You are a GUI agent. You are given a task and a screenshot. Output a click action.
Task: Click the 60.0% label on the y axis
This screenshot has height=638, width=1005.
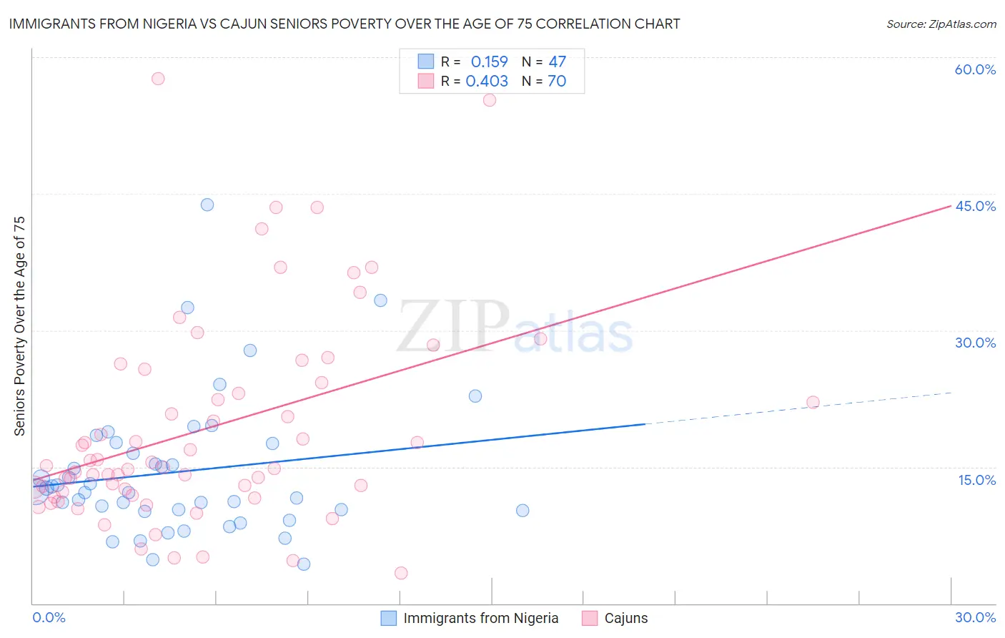[x=975, y=69]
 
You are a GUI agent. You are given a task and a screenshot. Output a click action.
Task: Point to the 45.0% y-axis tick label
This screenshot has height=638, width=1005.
[x=975, y=206]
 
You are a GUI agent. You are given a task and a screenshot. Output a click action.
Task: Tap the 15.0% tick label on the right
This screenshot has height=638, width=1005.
[x=976, y=480]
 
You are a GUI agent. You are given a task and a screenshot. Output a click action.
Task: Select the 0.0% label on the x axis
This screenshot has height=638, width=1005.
[x=49, y=617]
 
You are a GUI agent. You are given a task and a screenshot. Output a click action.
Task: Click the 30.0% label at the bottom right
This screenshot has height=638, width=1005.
[x=975, y=617]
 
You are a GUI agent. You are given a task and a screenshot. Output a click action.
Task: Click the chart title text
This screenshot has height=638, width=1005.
[x=344, y=24]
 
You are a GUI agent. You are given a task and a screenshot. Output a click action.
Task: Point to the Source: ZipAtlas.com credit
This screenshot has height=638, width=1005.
[x=941, y=24]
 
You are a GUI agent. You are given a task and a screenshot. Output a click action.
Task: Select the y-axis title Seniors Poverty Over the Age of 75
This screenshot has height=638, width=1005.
[x=19, y=325]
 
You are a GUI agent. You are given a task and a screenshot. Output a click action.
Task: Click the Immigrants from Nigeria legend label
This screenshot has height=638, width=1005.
[x=480, y=618]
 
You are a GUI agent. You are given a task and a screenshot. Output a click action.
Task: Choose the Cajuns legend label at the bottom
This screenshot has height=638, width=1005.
[x=625, y=618]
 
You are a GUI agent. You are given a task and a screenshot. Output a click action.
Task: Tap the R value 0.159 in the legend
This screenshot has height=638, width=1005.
[x=489, y=62]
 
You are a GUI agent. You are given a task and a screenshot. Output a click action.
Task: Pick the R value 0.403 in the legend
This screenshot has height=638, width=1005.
[x=487, y=81]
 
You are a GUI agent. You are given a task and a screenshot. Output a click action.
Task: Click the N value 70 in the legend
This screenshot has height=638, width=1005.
[x=557, y=81]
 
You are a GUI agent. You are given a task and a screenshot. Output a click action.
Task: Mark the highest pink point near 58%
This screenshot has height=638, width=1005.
[x=158, y=79]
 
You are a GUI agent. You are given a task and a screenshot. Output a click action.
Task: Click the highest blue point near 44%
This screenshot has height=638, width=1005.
[x=207, y=205]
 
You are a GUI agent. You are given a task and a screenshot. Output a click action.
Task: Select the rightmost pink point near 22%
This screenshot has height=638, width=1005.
[x=813, y=402]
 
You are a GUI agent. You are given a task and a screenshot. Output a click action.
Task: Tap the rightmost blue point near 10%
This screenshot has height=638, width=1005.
[x=523, y=510]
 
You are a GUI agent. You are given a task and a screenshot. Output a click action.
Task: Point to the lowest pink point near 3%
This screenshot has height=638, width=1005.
[x=401, y=573]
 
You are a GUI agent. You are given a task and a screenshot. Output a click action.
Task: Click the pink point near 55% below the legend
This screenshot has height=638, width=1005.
[x=490, y=100]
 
